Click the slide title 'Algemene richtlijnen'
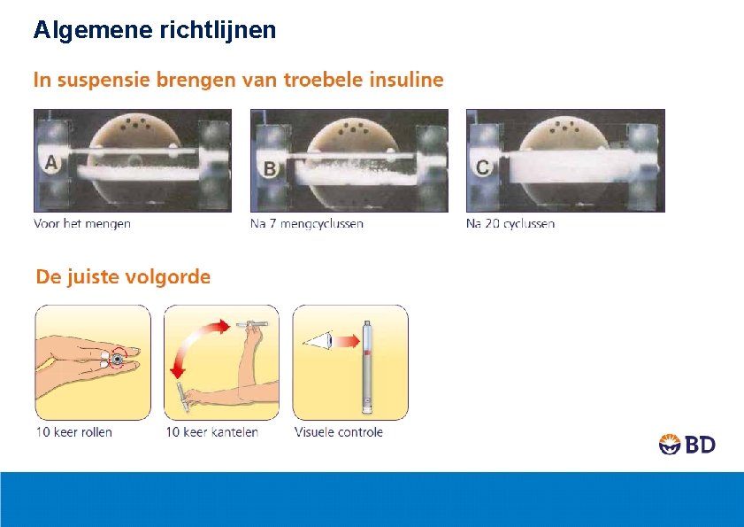pyautogui.click(x=155, y=30)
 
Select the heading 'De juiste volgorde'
pyautogui.click(x=123, y=276)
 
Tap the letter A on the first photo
pyautogui.click(x=51, y=162)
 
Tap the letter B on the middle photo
pyautogui.click(x=267, y=166)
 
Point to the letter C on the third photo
pyautogui.click(x=483, y=166)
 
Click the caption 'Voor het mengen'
pyautogui.click(x=82, y=223)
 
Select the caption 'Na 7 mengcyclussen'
pyautogui.click(x=306, y=223)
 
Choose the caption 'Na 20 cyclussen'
pyautogui.click(x=510, y=223)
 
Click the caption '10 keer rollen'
pyautogui.click(x=74, y=432)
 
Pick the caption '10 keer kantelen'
pyautogui.click(x=212, y=432)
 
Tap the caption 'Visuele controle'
pyautogui.click(x=339, y=432)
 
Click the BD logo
pyautogui.click(x=686, y=444)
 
